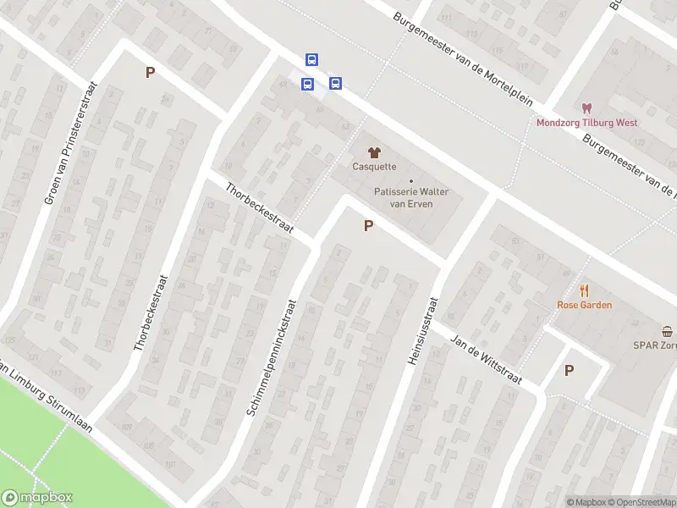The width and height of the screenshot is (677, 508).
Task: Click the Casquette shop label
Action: tap(374, 167)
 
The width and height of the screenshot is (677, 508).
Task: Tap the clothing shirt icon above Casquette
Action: tap(374, 151)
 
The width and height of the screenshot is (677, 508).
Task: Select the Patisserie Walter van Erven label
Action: tap(411, 197)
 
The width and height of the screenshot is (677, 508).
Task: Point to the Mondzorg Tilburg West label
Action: tap(586, 123)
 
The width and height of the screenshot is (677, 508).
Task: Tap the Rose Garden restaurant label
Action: tap(584, 305)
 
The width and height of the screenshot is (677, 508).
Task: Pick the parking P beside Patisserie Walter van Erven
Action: tap(368, 226)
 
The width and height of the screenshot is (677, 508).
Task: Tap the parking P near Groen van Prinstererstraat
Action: tap(151, 73)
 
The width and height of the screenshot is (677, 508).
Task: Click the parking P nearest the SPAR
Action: tap(569, 370)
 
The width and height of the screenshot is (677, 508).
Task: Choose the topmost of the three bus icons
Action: tap(311, 59)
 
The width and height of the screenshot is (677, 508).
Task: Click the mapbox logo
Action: tap(37, 498)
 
